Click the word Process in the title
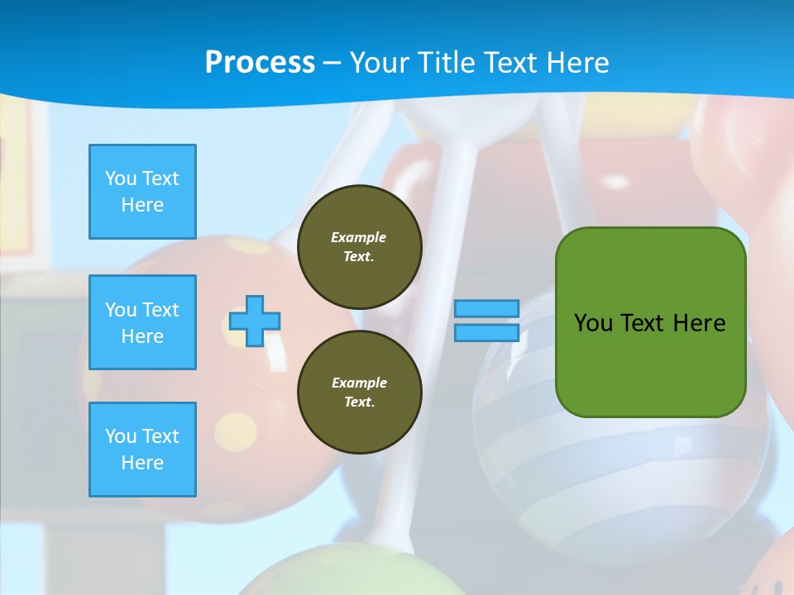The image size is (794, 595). click(x=260, y=63)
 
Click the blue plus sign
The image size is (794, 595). click(x=255, y=321)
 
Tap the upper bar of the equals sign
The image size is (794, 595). click(x=486, y=309)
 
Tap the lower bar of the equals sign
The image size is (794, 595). click(x=486, y=332)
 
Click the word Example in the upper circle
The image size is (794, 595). click(x=359, y=237)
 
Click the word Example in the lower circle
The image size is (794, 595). click(x=359, y=383)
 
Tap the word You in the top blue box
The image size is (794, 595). click(x=120, y=178)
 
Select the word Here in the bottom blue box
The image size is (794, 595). click(x=142, y=463)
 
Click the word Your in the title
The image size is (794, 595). click(x=377, y=63)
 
